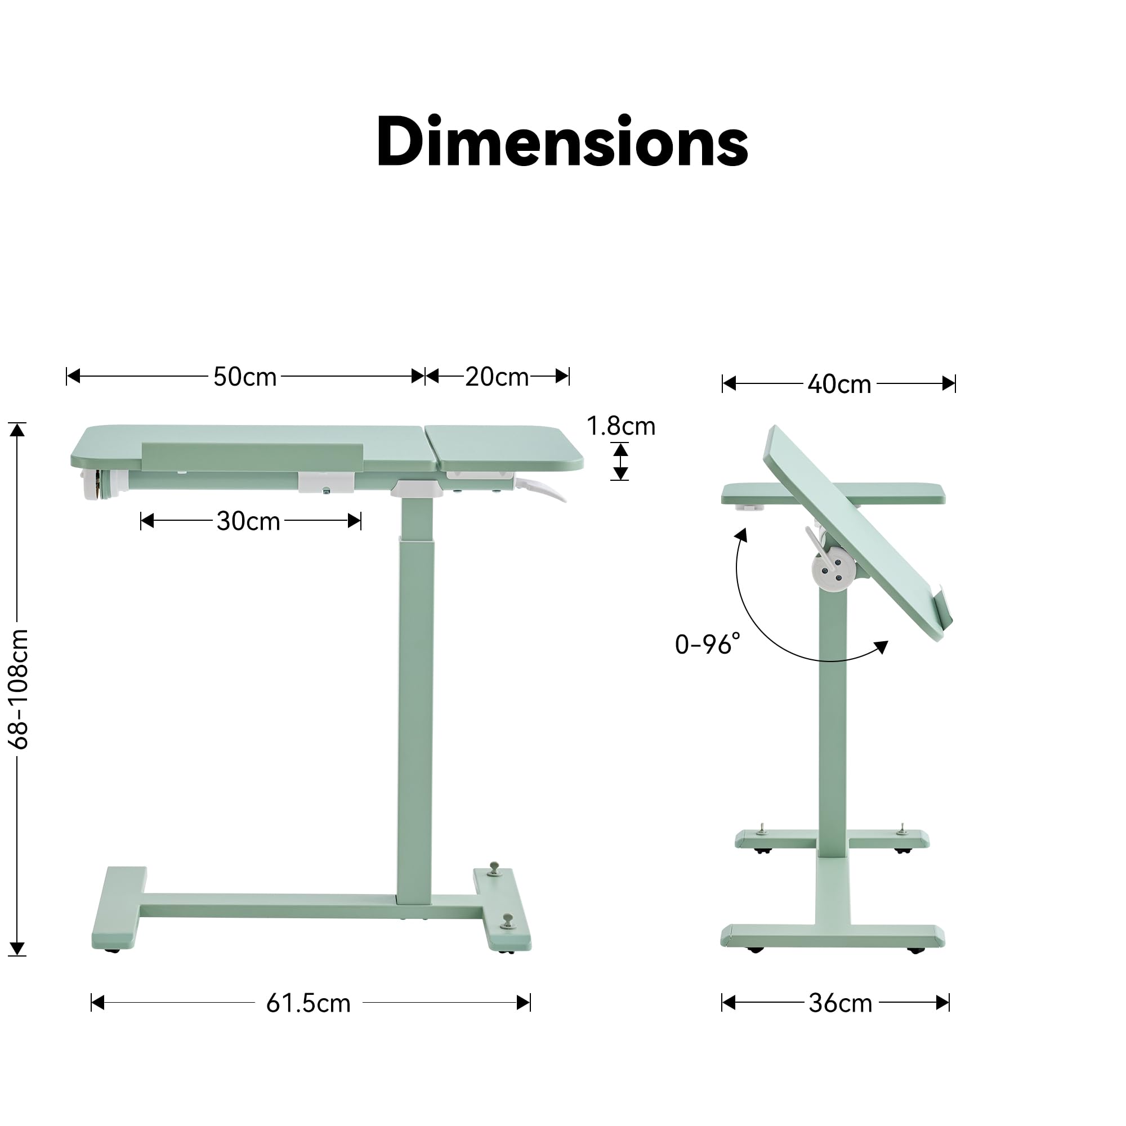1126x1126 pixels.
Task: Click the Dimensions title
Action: coord(562,142)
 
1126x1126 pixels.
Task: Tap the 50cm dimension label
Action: coord(245,377)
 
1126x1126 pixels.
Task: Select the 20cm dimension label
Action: coord(497,377)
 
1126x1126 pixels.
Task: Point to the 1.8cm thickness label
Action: coord(620,426)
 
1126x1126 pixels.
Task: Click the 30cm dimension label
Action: coord(248,521)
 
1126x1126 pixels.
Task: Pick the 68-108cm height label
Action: coord(19,689)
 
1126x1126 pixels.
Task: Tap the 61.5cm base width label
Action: coord(309,1003)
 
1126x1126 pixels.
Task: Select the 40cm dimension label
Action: coord(839,384)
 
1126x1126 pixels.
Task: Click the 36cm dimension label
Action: coord(841,1003)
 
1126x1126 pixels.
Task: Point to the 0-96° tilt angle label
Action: coord(708,644)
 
